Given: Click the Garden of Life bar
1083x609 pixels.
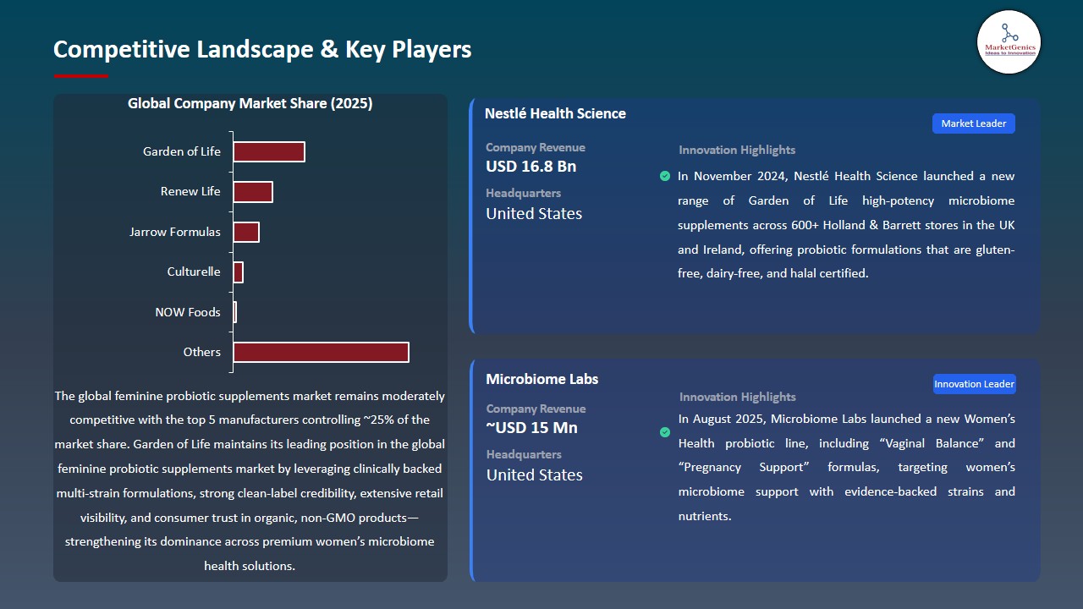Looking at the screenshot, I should (x=268, y=151).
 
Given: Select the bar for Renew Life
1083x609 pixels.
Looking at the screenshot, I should (x=252, y=192).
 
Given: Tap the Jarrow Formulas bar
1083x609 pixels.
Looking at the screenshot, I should (x=245, y=232).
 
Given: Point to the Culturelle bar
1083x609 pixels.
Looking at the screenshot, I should (x=238, y=272).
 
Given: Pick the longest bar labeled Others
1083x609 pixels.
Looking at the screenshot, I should (x=321, y=352).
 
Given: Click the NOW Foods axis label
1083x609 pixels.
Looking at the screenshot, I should (x=187, y=312).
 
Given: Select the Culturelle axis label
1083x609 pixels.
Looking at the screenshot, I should (x=193, y=272).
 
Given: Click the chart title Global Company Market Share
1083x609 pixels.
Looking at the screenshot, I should (x=250, y=104).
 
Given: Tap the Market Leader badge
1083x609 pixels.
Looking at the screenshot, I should (x=973, y=123).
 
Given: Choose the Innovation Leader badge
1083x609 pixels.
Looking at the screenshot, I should (x=974, y=384).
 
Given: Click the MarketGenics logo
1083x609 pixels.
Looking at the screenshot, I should (x=1008, y=41).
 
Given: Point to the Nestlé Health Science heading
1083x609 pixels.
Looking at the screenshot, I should (x=555, y=113).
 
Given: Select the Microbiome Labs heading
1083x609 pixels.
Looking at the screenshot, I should (x=541, y=379).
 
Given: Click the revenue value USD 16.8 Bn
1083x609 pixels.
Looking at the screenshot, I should (x=531, y=167).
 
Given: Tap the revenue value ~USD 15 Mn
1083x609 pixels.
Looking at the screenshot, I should (x=531, y=428).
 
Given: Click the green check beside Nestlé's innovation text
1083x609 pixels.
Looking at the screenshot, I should (x=665, y=176).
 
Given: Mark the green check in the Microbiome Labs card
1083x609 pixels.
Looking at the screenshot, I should (x=665, y=432).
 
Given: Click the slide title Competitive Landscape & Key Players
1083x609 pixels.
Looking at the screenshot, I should (x=262, y=49).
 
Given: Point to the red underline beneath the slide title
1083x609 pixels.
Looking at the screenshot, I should (x=80, y=76).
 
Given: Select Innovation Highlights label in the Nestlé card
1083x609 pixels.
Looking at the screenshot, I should (x=736, y=150).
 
